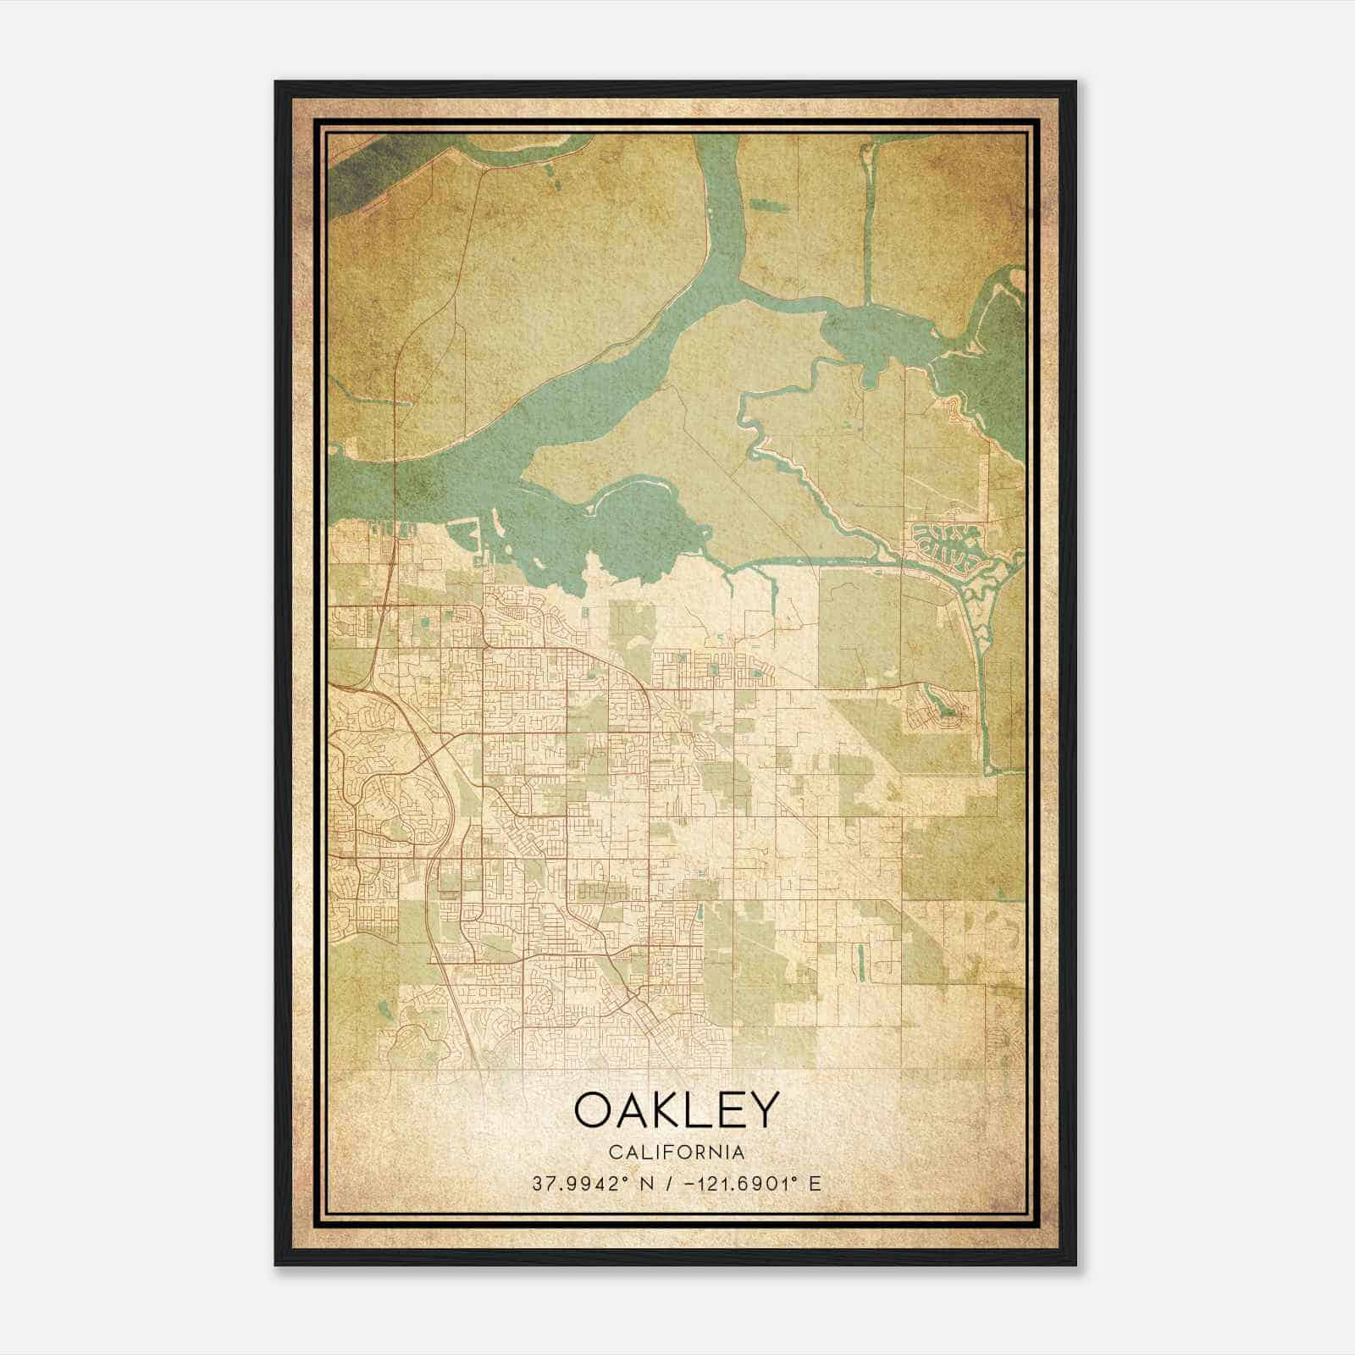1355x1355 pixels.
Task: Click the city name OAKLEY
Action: pos(675,1110)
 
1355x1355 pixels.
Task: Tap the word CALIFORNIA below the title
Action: pos(675,1153)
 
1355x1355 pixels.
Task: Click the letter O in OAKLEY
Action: pos(593,1110)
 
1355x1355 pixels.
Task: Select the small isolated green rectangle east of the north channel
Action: pos(767,206)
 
